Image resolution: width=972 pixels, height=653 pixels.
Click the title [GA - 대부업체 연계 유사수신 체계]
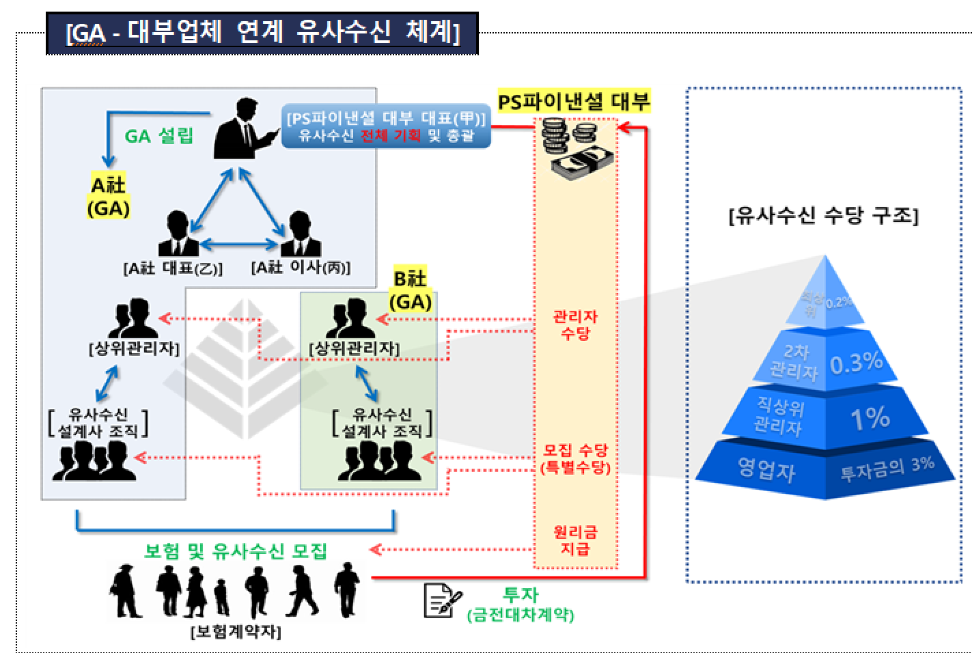point(262,32)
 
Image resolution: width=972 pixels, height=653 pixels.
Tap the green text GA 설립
point(159,136)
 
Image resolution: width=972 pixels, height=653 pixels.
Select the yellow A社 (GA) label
point(109,196)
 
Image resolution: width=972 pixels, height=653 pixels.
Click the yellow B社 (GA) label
point(411,290)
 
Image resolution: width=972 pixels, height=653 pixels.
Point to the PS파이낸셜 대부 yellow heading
point(574,102)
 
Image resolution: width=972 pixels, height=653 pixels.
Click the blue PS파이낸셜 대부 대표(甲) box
point(386,126)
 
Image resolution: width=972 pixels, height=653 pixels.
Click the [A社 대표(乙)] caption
point(173,268)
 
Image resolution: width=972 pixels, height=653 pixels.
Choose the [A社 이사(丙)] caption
point(301,268)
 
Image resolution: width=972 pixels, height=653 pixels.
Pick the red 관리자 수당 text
point(575,324)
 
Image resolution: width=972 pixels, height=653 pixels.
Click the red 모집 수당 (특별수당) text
point(575,458)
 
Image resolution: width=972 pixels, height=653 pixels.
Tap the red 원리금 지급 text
point(575,540)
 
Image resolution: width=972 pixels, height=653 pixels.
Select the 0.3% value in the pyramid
point(857,363)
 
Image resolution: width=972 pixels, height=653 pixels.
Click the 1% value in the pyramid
point(870,418)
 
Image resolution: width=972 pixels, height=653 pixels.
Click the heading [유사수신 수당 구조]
point(824,216)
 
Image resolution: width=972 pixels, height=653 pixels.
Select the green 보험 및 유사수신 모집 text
point(236,551)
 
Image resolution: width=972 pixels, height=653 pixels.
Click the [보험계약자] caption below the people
point(236,631)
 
